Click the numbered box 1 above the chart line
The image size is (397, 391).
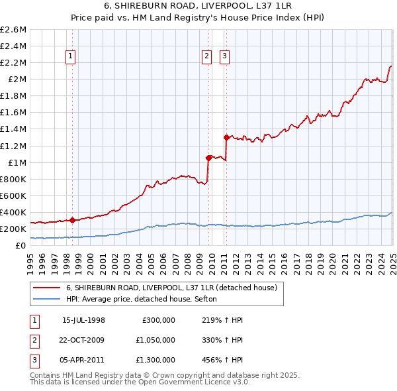pyautogui.click(x=71, y=56)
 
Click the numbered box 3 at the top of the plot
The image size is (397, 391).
pyautogui.click(x=224, y=56)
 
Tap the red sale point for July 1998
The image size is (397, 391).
pyautogui.click(x=72, y=220)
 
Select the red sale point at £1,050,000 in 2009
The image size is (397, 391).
pyautogui.click(x=208, y=158)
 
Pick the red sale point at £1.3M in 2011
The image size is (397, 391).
pyautogui.click(x=226, y=137)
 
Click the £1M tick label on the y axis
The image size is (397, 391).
pyautogui.click(x=17, y=162)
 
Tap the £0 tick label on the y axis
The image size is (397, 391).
pyautogui.click(x=21, y=245)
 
